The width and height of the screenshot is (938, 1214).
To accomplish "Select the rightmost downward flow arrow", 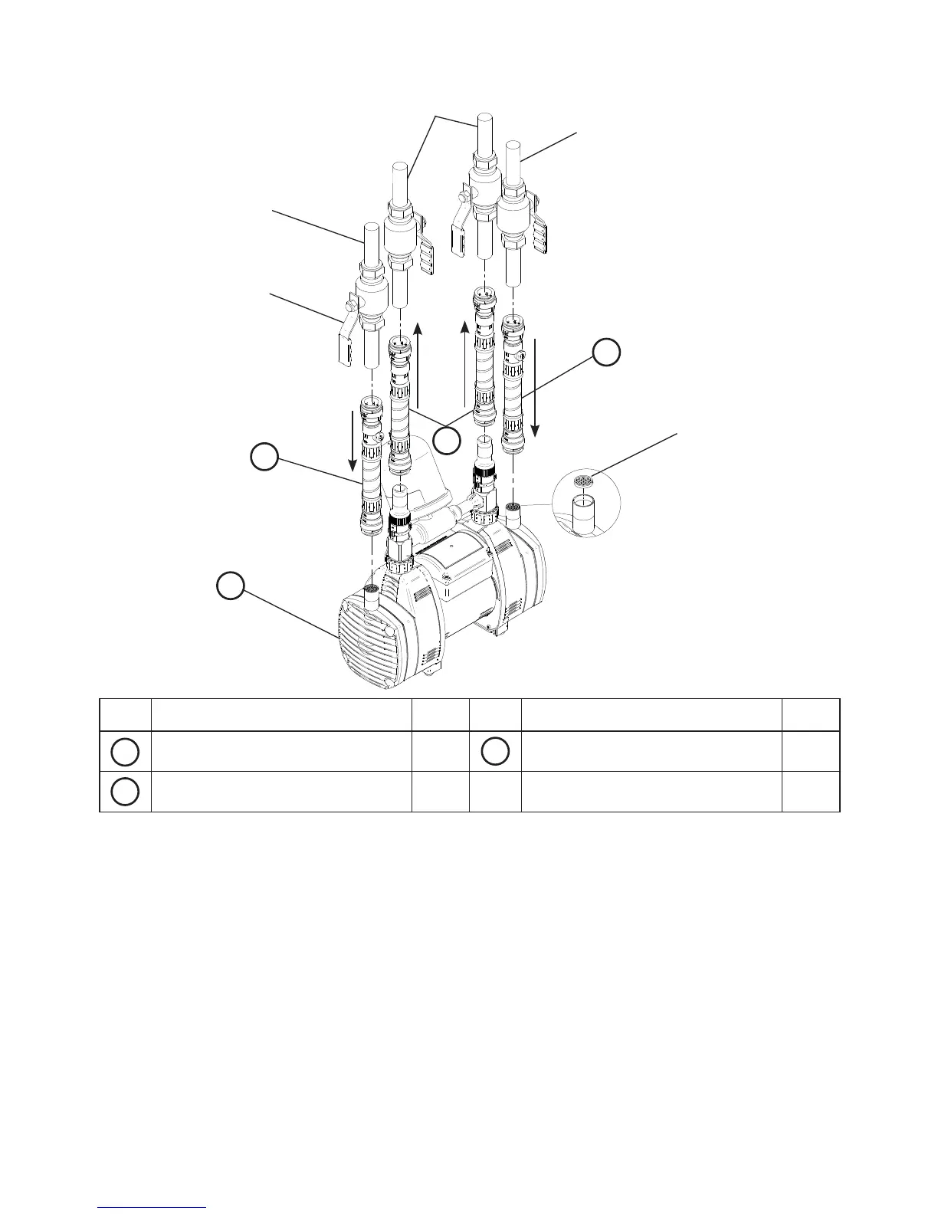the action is click(x=535, y=388).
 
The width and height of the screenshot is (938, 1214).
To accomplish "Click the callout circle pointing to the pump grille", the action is click(x=230, y=586).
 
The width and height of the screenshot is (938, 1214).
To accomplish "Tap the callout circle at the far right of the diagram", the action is click(x=605, y=353).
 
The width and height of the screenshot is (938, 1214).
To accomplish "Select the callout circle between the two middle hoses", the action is click(x=447, y=441).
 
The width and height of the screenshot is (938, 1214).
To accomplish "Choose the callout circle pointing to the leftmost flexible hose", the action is click(x=264, y=458).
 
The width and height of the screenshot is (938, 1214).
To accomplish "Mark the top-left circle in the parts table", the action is click(x=125, y=752).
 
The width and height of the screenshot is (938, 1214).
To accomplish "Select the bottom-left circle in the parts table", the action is click(x=125, y=792).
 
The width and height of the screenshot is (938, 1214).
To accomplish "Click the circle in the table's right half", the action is click(x=495, y=752).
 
